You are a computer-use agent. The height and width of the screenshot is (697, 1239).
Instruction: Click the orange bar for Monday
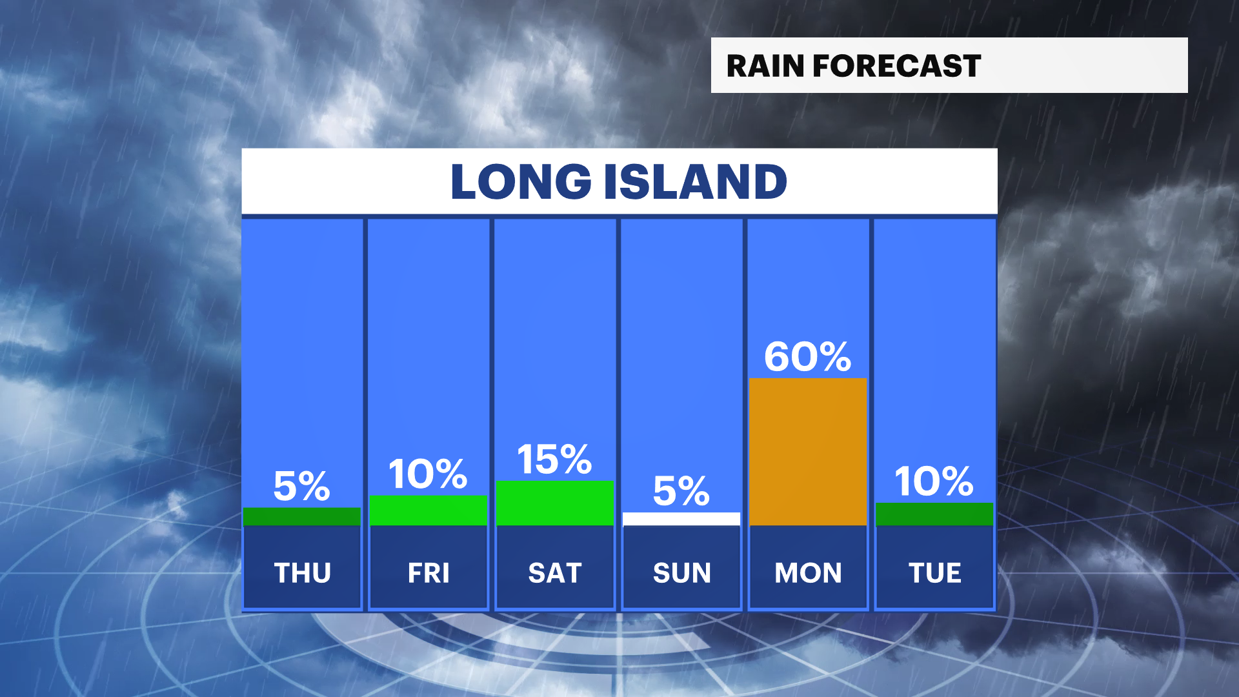point(808,452)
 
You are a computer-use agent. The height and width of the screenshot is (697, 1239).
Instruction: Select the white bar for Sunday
point(681,519)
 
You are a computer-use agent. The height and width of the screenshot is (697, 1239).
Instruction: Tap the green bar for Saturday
point(555,503)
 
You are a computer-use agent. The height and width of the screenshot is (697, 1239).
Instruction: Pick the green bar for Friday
point(428,510)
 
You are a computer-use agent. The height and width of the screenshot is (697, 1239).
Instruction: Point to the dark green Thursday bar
point(302,516)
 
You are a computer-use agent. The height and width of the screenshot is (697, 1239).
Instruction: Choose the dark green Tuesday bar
point(934,514)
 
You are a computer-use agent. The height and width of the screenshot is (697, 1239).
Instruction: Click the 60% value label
point(808,356)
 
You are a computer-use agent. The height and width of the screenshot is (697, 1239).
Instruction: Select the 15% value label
point(555,460)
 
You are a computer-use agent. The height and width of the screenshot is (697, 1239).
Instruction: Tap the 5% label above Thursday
point(302,485)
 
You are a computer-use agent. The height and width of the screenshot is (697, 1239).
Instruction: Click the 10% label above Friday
point(428,474)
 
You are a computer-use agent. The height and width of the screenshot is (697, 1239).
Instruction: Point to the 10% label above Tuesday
point(934,481)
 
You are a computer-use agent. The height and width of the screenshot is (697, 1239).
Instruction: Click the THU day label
point(302,573)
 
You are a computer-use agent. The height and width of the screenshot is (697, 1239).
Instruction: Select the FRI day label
point(428,573)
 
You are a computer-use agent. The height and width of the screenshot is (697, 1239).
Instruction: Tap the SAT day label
point(555,573)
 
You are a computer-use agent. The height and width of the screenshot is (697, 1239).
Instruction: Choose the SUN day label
point(681,573)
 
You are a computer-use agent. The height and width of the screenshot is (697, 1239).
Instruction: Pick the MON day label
point(808,573)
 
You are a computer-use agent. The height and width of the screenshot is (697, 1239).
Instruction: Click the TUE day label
point(934,573)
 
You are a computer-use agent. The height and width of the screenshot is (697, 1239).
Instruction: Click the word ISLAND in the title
point(696,181)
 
